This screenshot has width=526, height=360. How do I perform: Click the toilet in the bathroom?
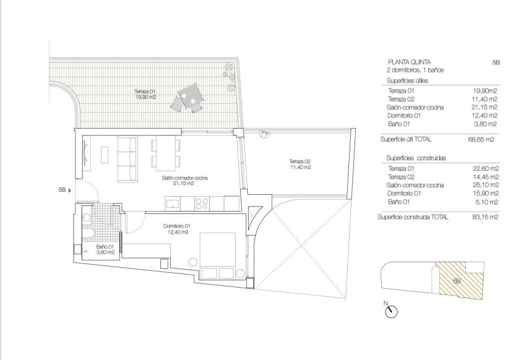pyautogui.click(x=88, y=234)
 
